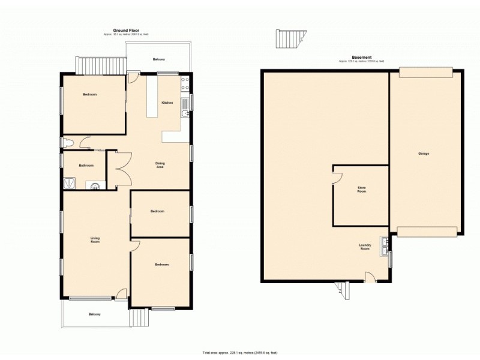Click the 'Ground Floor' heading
point(125,30)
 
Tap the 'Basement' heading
point(361,58)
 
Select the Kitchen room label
point(167,103)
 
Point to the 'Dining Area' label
point(160,165)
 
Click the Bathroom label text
point(85,165)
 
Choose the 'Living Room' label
point(95,241)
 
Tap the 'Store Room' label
point(361,190)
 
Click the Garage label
point(424,154)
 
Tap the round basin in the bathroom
point(94,185)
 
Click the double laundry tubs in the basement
point(383,246)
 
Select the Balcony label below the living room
point(94,314)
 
